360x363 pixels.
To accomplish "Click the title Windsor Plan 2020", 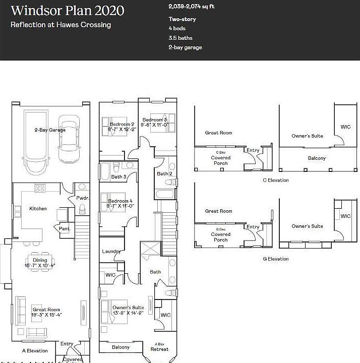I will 68,11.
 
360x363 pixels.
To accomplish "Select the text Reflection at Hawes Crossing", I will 61,25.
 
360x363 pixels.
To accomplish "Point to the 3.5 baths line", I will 181,38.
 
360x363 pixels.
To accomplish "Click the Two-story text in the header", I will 182,19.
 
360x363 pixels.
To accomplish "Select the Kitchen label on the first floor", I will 38,208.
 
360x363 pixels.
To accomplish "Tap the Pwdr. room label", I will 83,198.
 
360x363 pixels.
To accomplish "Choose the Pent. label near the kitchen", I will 66,229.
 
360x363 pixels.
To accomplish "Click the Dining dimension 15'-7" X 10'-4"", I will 40,265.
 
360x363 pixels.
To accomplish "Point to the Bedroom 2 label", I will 122,124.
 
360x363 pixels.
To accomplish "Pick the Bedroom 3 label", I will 154,119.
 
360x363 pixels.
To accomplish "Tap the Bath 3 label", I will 118,176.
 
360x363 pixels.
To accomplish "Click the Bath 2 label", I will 164,173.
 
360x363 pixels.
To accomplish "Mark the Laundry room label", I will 111,251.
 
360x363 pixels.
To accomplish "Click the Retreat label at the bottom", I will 159,349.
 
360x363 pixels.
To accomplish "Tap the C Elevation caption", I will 276,180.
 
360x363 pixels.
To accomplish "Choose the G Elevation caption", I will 276,259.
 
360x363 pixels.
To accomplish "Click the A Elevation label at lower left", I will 35,350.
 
